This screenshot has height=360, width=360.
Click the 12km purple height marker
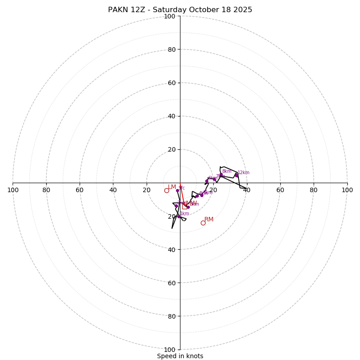click(x=236, y=175)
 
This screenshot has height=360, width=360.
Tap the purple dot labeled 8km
click(x=221, y=175)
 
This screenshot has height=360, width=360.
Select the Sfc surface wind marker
click(x=177, y=190)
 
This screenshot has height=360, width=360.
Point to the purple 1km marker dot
click(x=179, y=216)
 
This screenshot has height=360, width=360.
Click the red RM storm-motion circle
click(x=203, y=223)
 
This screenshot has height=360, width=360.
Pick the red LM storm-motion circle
click(x=166, y=190)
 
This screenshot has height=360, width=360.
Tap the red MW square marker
click(x=184, y=207)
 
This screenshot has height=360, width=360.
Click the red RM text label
click(x=209, y=220)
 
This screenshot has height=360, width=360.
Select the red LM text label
click(x=172, y=187)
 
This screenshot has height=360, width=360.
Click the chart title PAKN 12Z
click(x=180, y=10)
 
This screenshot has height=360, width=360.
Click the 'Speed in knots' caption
click(x=180, y=356)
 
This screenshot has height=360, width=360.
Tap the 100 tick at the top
click(x=170, y=16)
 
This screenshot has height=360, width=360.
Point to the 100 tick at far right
click(x=347, y=190)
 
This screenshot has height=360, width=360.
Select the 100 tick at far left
click(x=13, y=190)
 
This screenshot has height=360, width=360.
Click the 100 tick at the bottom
click(x=170, y=349)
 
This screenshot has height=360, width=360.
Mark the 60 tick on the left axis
click(x=80, y=190)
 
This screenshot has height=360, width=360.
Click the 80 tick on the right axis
click(x=314, y=190)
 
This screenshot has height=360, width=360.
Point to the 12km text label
click(x=243, y=173)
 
